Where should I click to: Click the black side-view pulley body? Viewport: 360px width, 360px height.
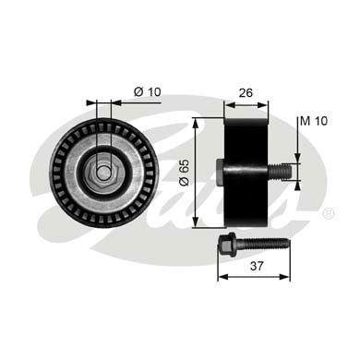point(246,171)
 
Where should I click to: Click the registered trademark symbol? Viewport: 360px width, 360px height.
point(328,213)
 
